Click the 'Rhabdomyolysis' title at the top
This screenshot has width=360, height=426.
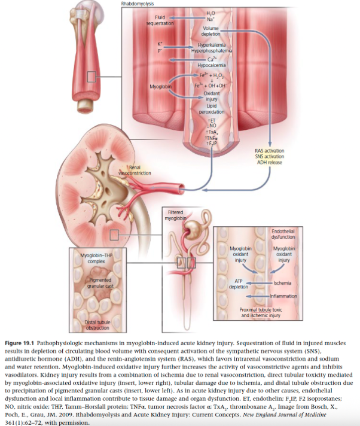137,4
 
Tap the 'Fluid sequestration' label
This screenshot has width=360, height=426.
160,20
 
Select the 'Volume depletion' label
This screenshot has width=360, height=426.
211,31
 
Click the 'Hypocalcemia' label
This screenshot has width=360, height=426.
211,65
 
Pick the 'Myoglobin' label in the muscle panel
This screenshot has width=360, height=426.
160,87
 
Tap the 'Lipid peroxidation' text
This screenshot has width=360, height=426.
211,109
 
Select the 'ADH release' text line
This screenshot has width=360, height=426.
269,162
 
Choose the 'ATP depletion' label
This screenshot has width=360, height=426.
238,284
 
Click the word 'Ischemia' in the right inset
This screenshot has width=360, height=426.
282,281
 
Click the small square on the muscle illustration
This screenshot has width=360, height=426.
91,76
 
